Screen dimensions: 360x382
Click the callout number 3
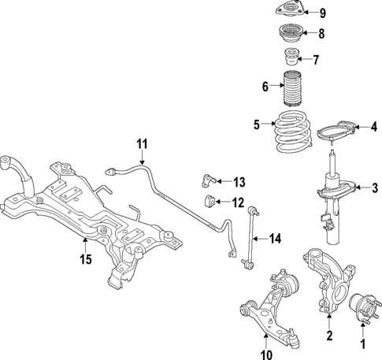pyautogui.click(x=375, y=187)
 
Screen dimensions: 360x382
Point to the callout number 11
pyautogui.click(x=141, y=144)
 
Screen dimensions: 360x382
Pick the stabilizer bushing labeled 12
pyautogui.click(x=212, y=202)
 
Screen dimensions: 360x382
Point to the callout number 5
pyautogui.click(x=257, y=124)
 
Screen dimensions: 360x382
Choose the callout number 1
pyautogui.click(x=363, y=343)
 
